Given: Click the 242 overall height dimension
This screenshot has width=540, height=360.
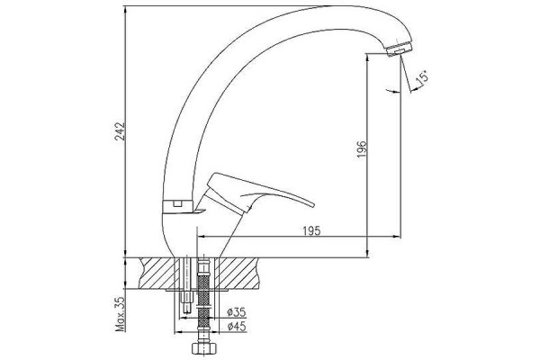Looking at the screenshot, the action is pos(121,131).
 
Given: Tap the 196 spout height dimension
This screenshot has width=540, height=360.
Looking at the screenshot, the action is pos(362,148).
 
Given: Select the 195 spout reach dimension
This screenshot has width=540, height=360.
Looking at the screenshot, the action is pos(311,230).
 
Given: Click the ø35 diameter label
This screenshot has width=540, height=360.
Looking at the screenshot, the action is pos(237,312).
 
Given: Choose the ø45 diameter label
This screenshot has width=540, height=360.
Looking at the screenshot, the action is pos(237,326).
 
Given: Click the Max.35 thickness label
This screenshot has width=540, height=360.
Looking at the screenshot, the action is pos(121,313).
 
